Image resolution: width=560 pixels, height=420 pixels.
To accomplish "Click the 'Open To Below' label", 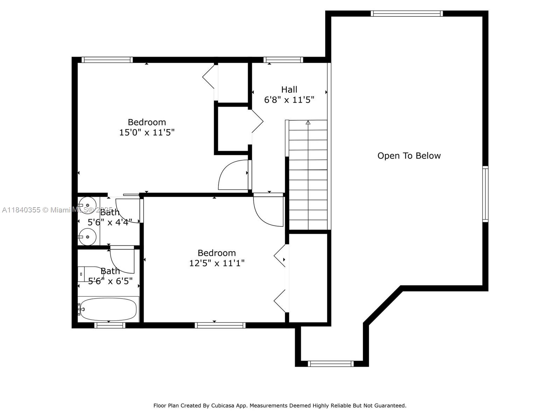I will (409, 156).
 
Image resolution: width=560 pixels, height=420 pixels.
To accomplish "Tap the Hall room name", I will (289, 90).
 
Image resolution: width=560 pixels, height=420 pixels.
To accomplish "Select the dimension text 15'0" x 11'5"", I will (147, 133).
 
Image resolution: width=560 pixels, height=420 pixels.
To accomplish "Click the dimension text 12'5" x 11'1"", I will (217, 263).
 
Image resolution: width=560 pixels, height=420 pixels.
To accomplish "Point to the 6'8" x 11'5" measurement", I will (289, 100).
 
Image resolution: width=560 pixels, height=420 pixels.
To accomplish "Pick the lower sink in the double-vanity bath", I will (87, 237).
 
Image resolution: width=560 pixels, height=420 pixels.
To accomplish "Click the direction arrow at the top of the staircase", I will (308, 122).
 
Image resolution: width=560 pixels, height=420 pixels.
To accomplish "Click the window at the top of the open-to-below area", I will (406, 14).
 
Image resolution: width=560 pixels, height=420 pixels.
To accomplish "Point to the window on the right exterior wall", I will (485, 194).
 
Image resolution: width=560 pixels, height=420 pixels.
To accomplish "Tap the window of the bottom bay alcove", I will (330, 364).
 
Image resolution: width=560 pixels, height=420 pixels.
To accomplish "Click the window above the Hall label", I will (283, 60).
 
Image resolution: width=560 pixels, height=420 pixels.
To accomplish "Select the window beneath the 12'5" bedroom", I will (220, 325).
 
